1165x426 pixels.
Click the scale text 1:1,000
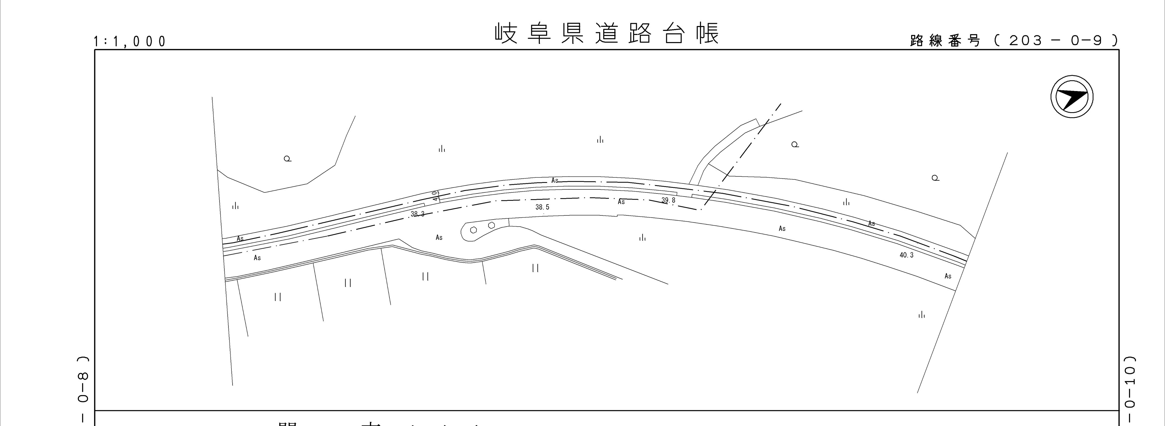130,42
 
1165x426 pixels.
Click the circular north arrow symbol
1072,98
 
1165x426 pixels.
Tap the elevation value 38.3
417,214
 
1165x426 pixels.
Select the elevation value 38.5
542,207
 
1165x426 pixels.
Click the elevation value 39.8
668,200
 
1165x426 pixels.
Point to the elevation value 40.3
906,255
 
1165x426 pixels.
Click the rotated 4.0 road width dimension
435,195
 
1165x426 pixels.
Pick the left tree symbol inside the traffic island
473,230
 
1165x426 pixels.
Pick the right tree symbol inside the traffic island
492,225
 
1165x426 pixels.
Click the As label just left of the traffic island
439,237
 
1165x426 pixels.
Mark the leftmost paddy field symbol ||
278,297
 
